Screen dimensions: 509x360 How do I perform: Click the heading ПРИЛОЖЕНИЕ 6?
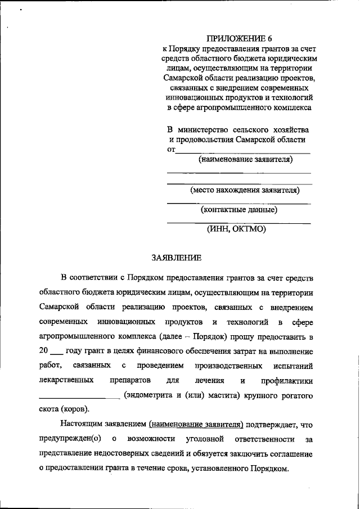pyautogui.click(x=239, y=38)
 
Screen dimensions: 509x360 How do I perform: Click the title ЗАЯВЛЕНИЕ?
pyautogui.click(x=176, y=258)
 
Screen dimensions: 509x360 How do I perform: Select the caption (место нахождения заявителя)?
pyautogui.click(x=244, y=190)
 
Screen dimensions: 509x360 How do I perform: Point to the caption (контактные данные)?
pyautogui.click(x=239, y=210)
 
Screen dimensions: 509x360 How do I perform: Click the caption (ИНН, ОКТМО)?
pyautogui.click(x=236, y=229)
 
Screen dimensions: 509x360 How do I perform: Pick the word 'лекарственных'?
pyautogui.click(x=66, y=380)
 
